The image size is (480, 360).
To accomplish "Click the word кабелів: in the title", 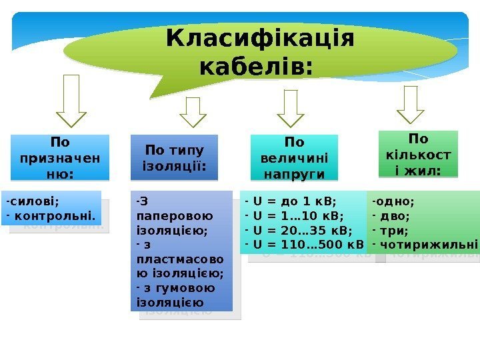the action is coord(256,67).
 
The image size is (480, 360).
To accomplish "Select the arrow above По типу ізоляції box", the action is coord(193,111).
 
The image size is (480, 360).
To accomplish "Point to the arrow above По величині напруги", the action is coord(290,108).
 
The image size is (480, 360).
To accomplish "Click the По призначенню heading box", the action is coord(59,158).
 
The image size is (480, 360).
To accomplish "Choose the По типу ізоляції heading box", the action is coord(175,158).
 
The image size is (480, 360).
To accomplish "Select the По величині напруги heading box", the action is coord(294,158).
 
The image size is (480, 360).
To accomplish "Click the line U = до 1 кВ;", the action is coord(293,201).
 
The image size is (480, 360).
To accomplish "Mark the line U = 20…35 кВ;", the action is coord(301,230).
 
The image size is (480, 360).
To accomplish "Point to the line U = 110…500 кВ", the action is coord(307,245).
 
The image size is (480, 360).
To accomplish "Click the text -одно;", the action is coord(393,201).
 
